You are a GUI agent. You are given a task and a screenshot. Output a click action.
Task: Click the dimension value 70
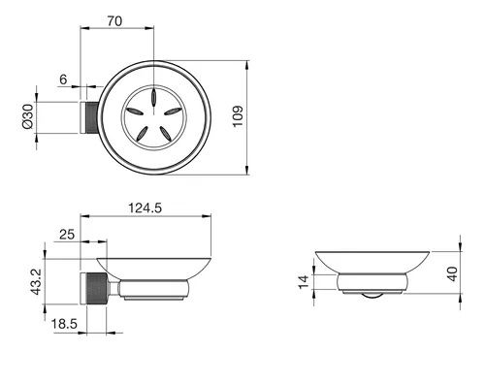coord(114,21)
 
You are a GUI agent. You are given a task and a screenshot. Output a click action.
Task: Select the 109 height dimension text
coord(238,116)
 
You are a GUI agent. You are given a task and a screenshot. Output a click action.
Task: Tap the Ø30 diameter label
coord(28,116)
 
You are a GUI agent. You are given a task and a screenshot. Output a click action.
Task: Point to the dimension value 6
coord(63,80)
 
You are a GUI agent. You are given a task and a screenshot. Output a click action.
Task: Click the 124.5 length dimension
coord(145,207)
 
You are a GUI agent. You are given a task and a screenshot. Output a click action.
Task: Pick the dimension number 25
coord(67,235)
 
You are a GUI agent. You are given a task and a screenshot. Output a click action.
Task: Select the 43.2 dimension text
coord(36,282)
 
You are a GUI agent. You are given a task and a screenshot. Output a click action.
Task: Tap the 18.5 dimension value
coord(65,324)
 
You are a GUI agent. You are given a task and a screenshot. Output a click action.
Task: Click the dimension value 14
coord(304,282)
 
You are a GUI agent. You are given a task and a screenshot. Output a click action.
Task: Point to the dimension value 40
coord(452,273)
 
